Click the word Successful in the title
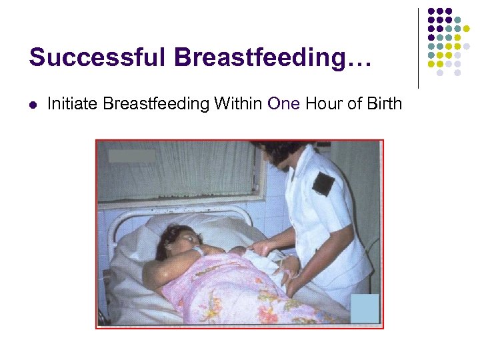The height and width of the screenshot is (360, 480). pos(97,57)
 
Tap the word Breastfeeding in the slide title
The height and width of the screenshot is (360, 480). pos(260,57)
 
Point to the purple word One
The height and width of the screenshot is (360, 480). pos(283,103)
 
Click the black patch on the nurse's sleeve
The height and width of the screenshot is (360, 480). pos(323,183)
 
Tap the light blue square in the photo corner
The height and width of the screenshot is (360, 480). pos(365,307)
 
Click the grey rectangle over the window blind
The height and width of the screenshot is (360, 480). pos(131,156)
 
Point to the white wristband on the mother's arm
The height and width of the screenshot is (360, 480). pos(197,251)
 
